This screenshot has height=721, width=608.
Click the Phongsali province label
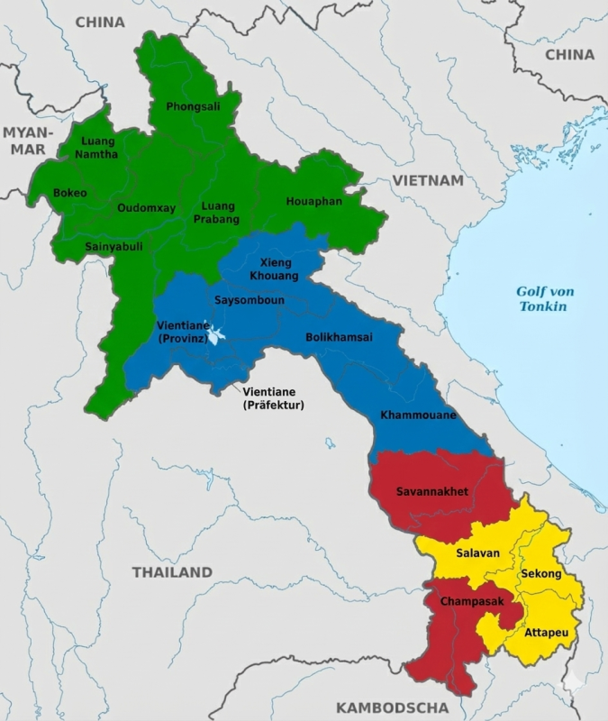point(193,106)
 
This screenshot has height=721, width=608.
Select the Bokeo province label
point(70,193)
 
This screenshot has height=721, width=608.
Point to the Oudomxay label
point(147,207)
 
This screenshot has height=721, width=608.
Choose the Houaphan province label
point(314,201)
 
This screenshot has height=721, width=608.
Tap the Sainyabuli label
point(113,246)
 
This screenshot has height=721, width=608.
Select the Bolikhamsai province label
point(339,337)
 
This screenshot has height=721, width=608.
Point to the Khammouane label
point(418,415)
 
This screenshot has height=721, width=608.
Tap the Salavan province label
point(477,552)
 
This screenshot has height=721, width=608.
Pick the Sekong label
point(540,574)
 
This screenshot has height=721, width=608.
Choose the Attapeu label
point(546,634)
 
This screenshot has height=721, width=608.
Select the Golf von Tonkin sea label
point(544,298)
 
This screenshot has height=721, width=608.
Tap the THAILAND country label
point(172,572)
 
